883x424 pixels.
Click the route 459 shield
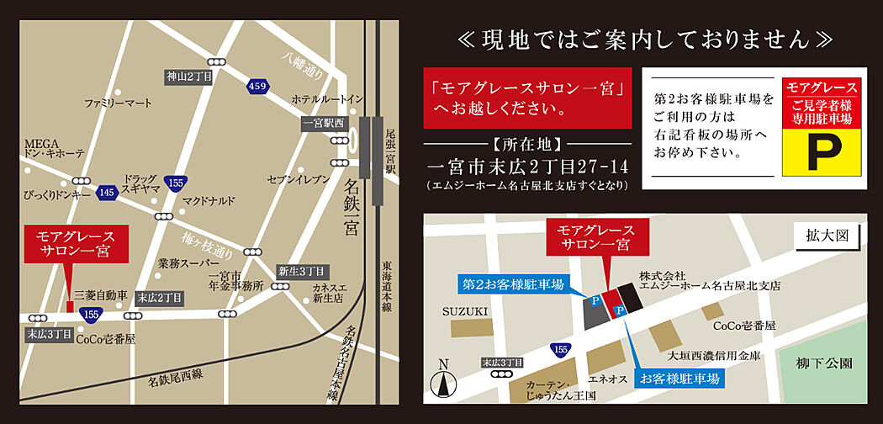click(x=257, y=86)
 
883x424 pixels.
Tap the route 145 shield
click(x=106, y=192)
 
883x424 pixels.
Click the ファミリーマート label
click(x=118, y=103)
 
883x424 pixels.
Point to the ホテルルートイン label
click(x=327, y=99)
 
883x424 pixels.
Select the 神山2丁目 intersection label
click(x=188, y=77)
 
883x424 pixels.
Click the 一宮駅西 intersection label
click(x=324, y=123)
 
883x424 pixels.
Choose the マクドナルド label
click(x=209, y=201)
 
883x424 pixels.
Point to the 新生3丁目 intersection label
click(x=300, y=271)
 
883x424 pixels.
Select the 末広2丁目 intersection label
click(x=160, y=298)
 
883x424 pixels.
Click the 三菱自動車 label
click(x=101, y=295)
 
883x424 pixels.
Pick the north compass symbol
click(x=443, y=380)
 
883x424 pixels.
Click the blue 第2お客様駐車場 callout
click(x=511, y=284)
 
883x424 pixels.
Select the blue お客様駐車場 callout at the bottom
click(x=680, y=379)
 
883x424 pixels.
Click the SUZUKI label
click(x=465, y=311)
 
